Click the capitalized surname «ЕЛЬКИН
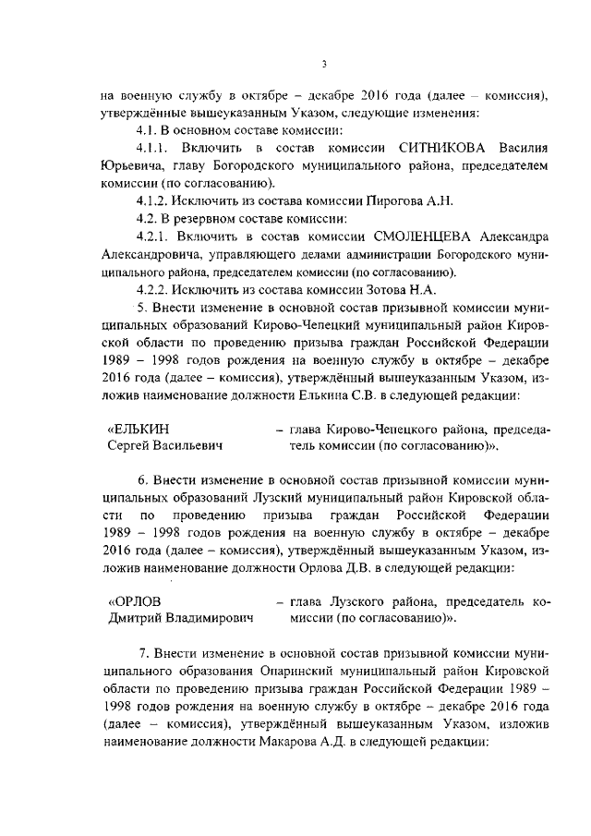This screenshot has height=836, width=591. (139, 428)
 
